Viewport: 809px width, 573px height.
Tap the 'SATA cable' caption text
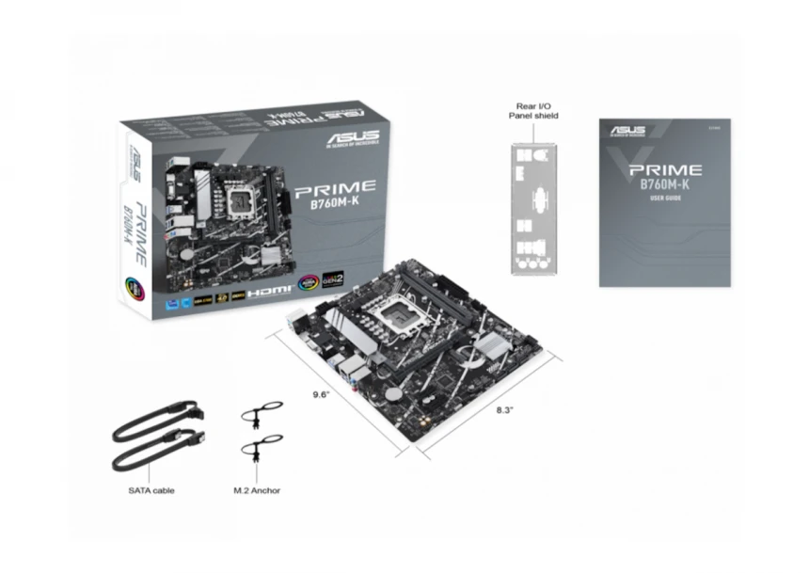[151, 490]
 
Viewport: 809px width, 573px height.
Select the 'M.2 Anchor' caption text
[257, 490]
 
